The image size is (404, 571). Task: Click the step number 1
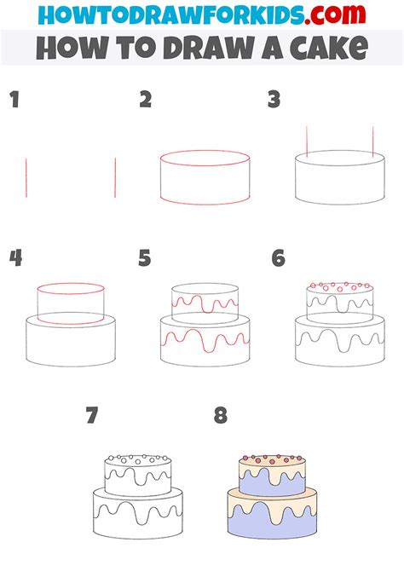click(x=14, y=101)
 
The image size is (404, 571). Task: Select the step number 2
click(x=146, y=101)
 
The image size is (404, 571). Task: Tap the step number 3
click(x=274, y=101)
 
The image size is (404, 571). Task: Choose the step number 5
click(x=146, y=258)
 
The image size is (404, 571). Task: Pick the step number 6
click(x=278, y=258)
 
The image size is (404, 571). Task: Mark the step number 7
click(x=92, y=415)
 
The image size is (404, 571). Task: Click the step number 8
click(x=221, y=415)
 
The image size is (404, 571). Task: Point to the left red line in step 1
click(x=26, y=177)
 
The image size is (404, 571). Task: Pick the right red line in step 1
click(x=115, y=177)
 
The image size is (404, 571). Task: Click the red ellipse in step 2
click(x=205, y=159)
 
